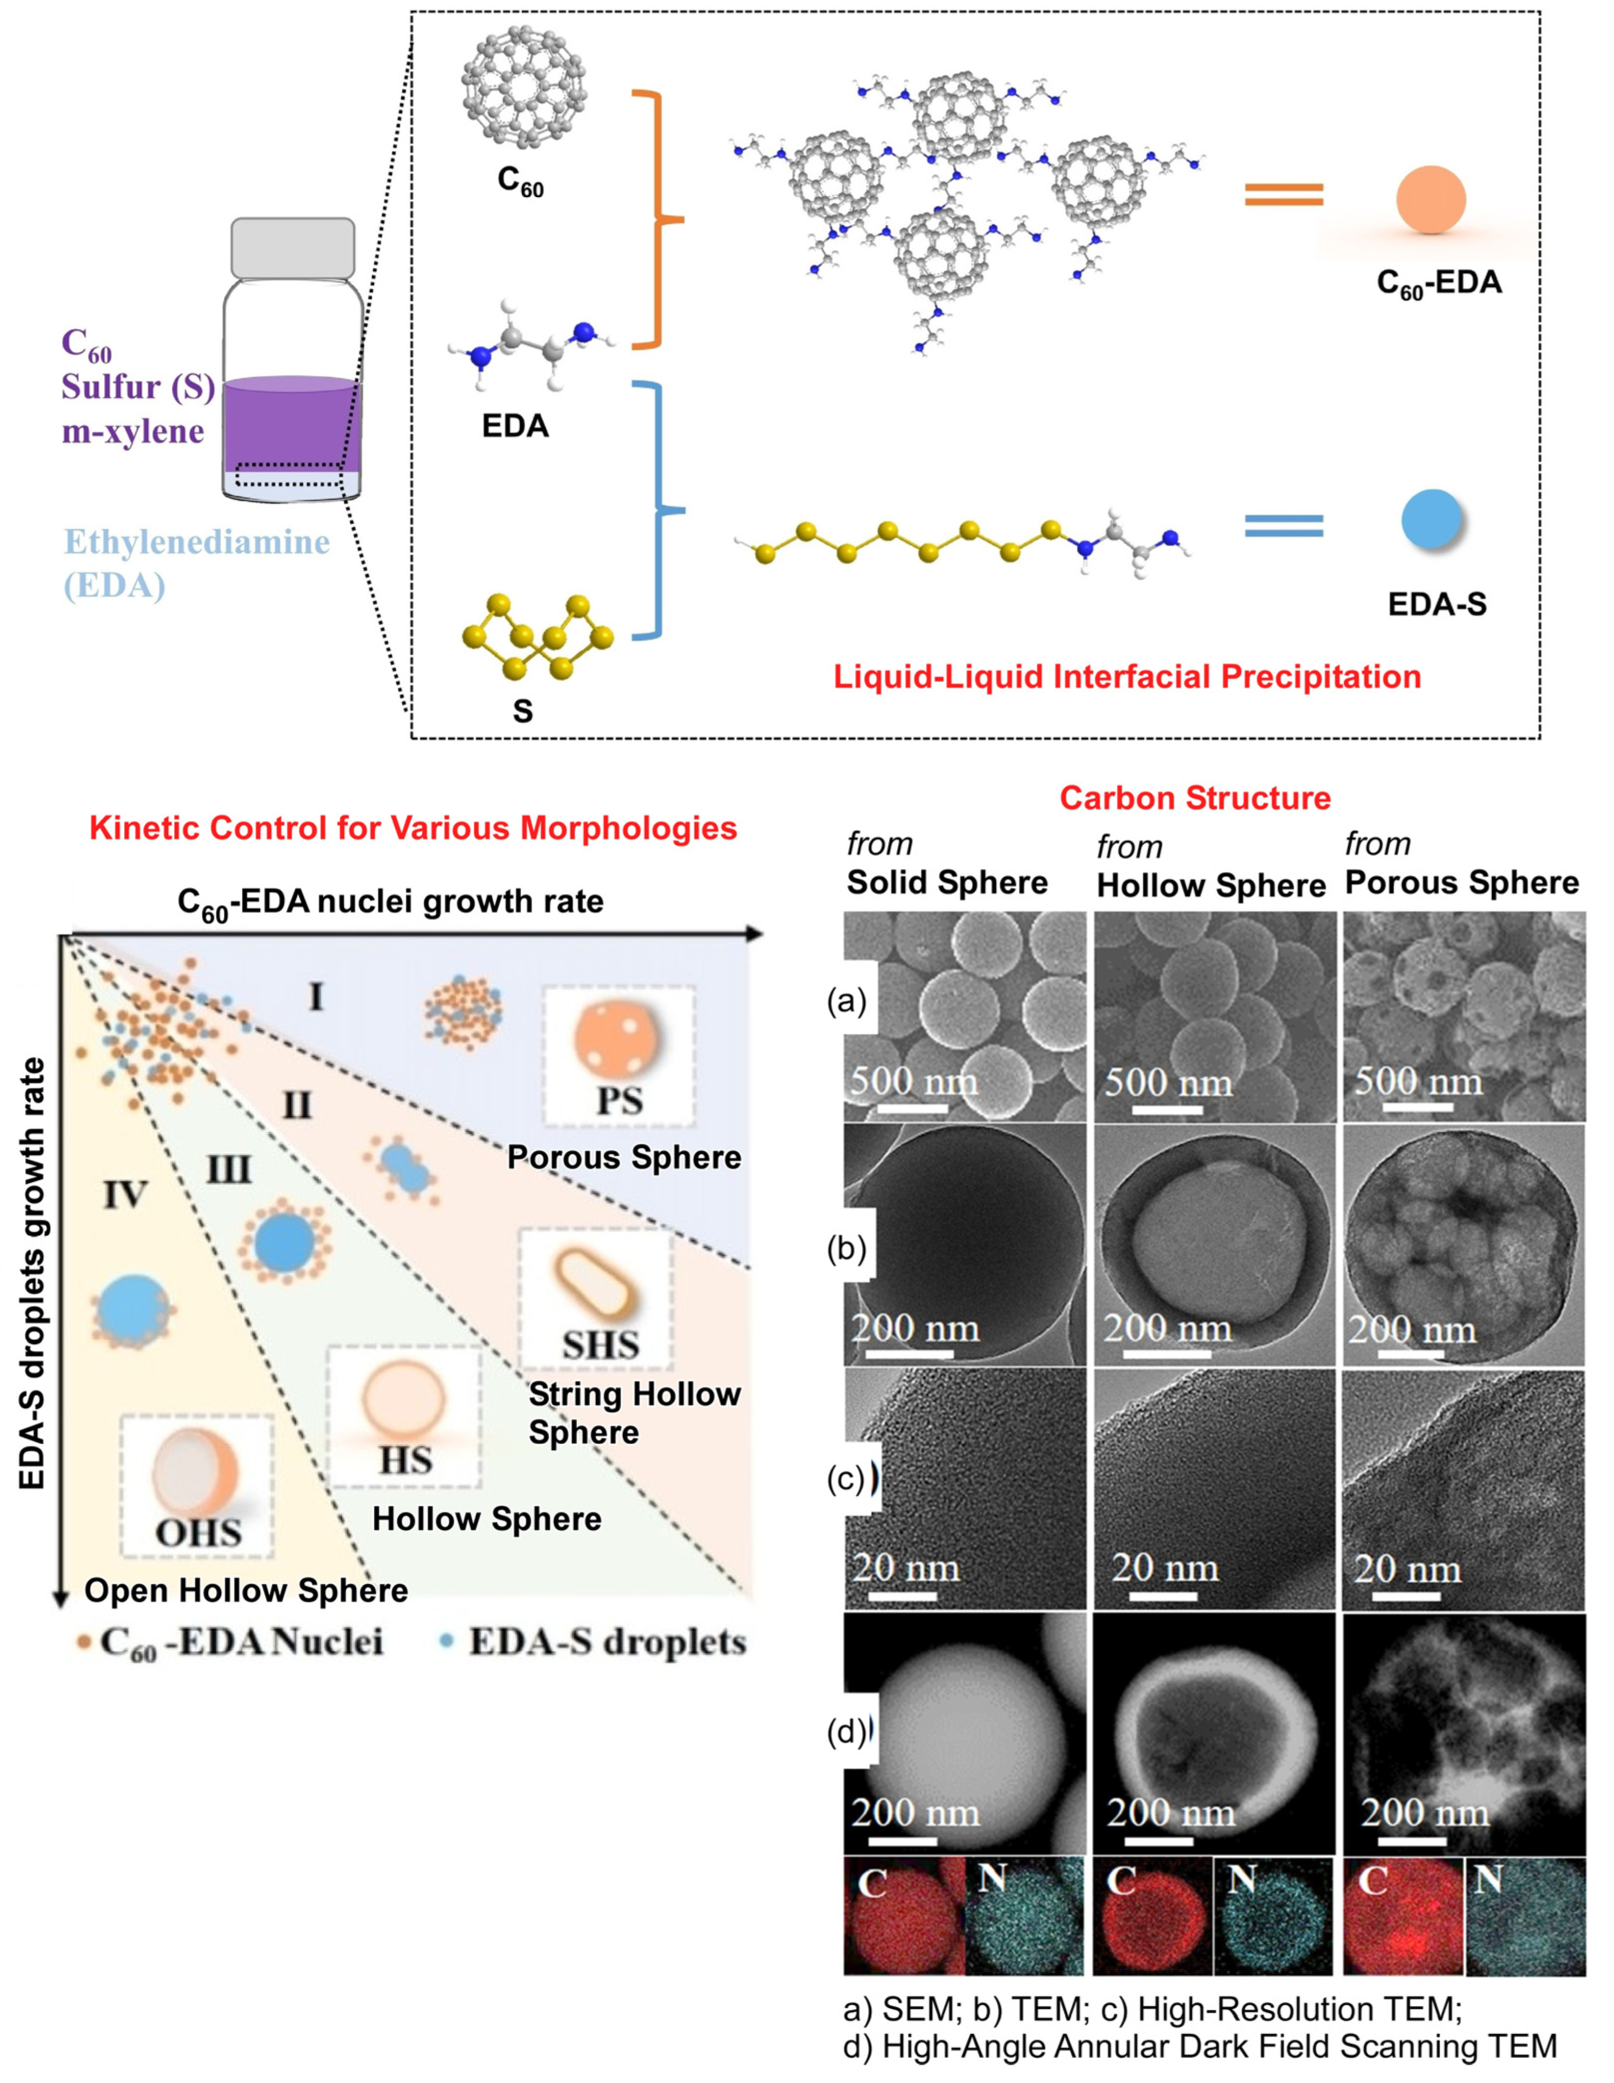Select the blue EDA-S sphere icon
click(1431, 520)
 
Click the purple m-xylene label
click(132, 431)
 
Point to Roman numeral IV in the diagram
click(125, 1194)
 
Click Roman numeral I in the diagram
click(316, 997)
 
